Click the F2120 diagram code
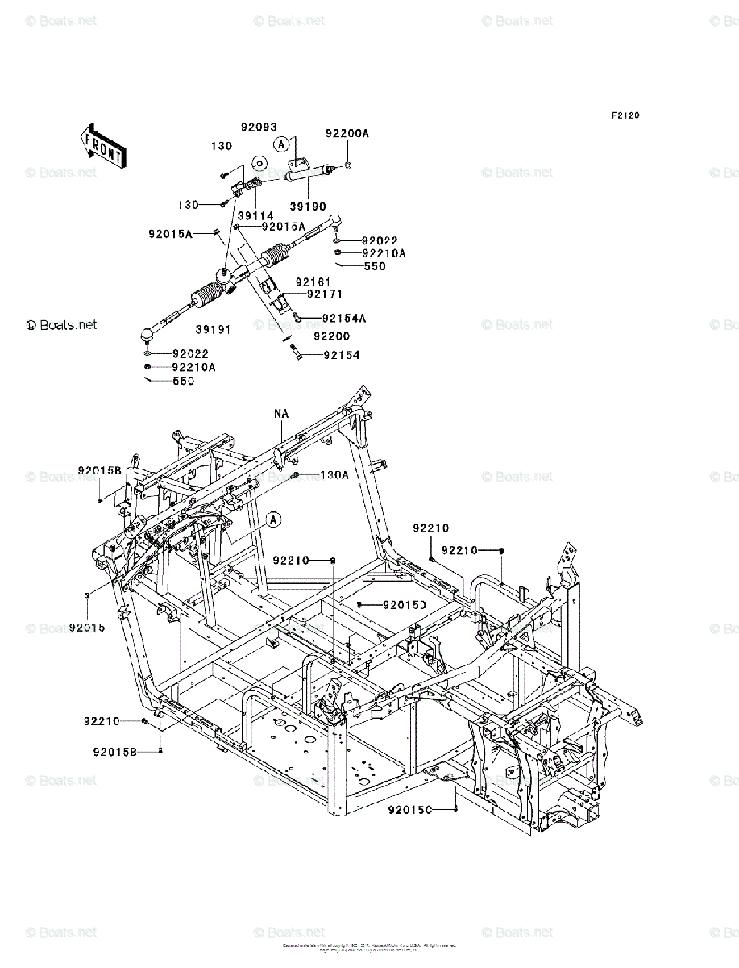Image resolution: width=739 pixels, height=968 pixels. pos(625,116)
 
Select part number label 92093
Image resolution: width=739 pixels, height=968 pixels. pos(258,127)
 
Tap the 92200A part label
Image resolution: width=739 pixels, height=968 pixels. pos(347,133)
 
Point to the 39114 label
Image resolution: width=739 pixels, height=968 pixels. pos(255,215)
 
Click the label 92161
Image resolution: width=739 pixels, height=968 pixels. pos(313,282)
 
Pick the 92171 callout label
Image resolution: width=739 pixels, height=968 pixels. pos(313,294)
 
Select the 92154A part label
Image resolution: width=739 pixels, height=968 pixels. pos(343,319)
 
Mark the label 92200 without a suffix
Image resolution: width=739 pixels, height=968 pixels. pos(331,336)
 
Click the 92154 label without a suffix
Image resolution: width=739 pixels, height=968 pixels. pos(342,355)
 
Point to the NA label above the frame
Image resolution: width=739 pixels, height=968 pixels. pos(280,414)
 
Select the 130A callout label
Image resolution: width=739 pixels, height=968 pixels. pos(334,475)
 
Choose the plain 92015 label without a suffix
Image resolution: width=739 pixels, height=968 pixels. pos(87,627)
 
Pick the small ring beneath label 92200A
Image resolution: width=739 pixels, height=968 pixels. pos(347,166)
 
